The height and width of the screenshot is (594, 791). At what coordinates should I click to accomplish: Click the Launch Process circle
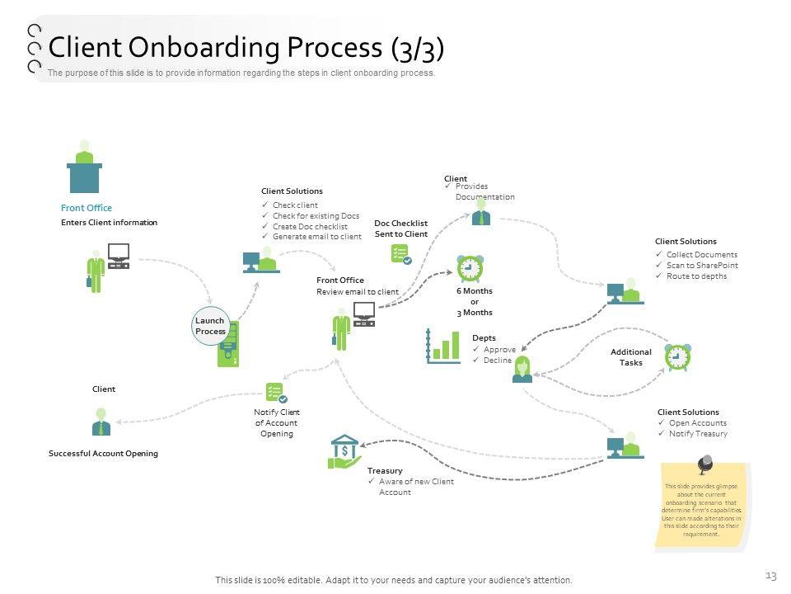(210, 326)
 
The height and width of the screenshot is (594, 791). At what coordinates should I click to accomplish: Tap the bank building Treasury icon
(344, 451)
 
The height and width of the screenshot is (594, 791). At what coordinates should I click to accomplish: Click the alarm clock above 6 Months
(470, 268)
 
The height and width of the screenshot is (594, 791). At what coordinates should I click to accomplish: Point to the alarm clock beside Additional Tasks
(677, 356)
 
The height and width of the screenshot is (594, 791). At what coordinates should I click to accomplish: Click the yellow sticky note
(702, 507)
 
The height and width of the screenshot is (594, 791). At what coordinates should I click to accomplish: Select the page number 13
(771, 575)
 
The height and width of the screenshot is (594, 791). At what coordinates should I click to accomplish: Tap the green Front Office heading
(87, 208)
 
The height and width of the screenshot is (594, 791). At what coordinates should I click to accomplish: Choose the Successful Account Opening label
(103, 454)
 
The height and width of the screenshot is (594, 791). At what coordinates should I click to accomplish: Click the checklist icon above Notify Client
(276, 393)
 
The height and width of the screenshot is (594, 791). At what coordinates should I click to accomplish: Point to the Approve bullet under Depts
(499, 350)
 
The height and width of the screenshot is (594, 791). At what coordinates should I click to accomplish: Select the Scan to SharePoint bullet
(702, 266)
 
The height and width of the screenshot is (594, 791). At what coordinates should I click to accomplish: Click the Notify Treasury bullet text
(698, 433)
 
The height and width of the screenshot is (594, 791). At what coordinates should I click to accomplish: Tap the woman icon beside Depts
(522, 370)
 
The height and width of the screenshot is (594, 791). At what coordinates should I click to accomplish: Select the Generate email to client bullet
(316, 237)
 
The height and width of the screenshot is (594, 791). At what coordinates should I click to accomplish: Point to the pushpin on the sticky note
(704, 465)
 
